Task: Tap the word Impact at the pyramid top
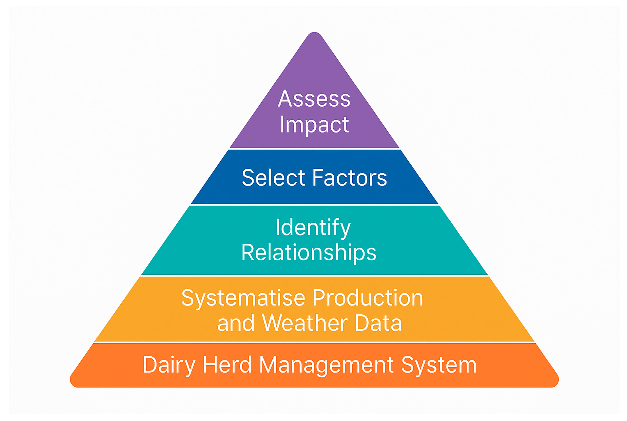pos(314,125)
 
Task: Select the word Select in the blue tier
pos(273,178)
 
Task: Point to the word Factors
pos(349,178)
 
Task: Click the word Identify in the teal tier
pos(313,228)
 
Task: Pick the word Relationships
pos(308,253)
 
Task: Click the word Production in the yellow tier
pos(367,298)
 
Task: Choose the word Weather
pos(304,323)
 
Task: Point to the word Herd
pos(227,365)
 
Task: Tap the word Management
pos(326,365)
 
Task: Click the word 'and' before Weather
pos(236,324)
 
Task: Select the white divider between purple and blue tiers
pos(314,149)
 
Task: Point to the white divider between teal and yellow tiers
pos(314,276)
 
